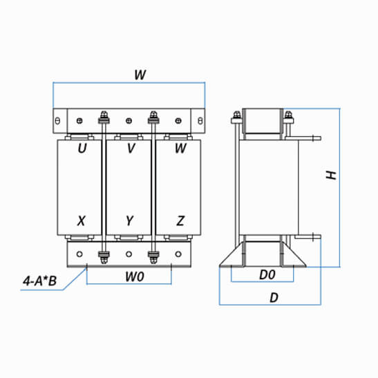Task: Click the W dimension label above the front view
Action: (x=140, y=75)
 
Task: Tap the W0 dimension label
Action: (x=135, y=276)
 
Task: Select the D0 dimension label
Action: (x=267, y=274)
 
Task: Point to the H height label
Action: (x=331, y=176)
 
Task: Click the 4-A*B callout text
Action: (x=40, y=281)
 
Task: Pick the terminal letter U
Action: (x=82, y=149)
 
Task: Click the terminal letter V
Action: (x=131, y=148)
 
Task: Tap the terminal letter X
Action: (x=82, y=220)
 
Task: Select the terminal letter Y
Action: (x=129, y=220)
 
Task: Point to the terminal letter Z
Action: (x=180, y=220)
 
